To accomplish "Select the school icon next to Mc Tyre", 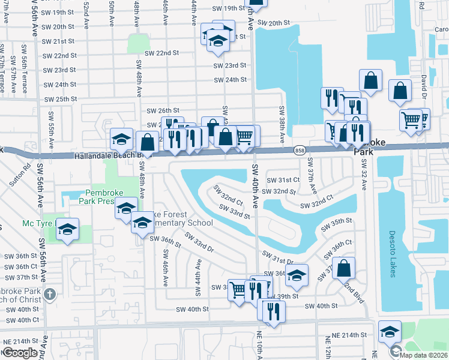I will [68, 230].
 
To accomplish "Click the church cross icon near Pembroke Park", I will [49, 294].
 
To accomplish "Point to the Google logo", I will [20, 353].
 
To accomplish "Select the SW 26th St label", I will [163, 110].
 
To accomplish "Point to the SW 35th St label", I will [336, 221].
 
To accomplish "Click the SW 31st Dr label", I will [277, 257].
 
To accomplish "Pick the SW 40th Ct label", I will [19, 320].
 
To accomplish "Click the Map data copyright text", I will [424, 355].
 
